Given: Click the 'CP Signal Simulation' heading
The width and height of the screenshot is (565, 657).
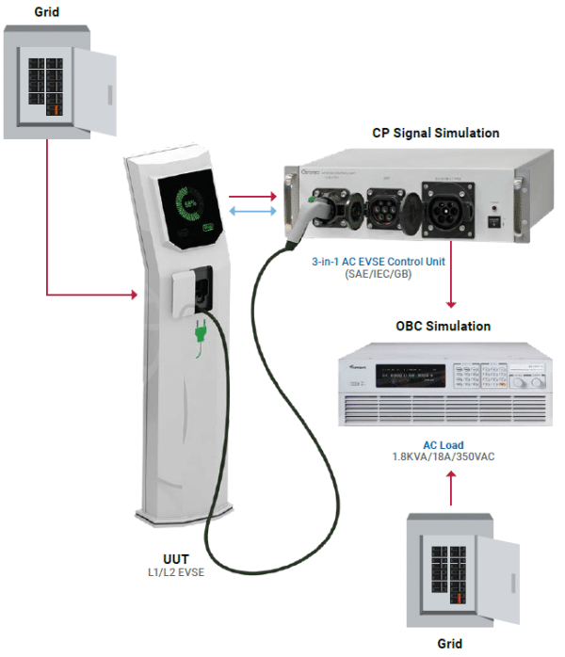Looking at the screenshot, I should (435, 133).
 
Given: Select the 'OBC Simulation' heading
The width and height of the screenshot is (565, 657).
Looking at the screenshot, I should (443, 327).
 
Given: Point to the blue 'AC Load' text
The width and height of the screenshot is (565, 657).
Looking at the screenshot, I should (443, 445).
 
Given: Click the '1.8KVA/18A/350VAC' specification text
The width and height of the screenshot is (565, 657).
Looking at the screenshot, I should (443, 457).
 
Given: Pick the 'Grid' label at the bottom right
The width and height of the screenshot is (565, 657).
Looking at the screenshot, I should (450, 644).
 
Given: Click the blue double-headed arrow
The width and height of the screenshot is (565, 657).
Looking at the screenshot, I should (253, 214).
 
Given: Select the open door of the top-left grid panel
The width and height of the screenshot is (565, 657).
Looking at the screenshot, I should (96, 83).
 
